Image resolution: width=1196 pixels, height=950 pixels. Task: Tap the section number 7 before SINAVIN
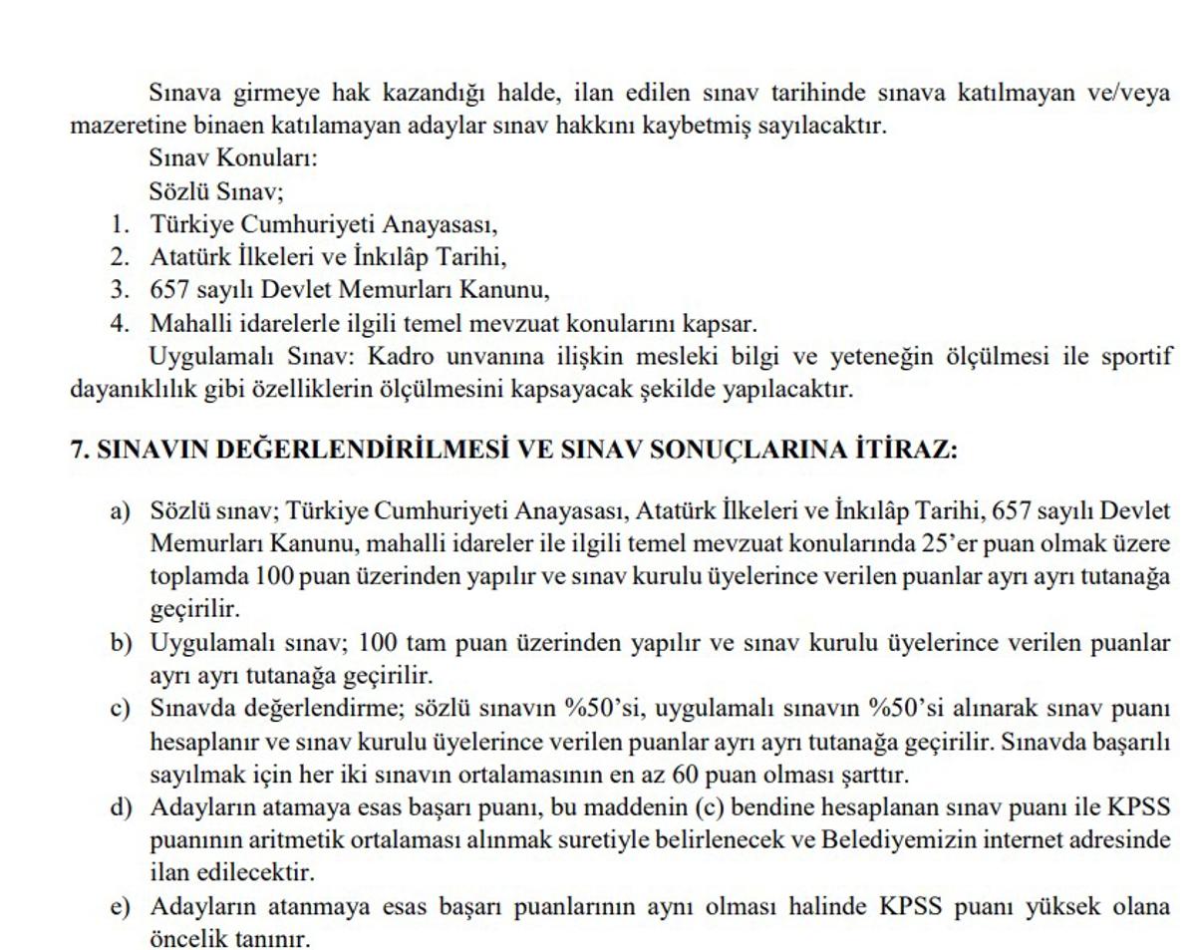point(77,450)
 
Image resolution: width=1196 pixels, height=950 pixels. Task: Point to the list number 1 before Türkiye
point(119,225)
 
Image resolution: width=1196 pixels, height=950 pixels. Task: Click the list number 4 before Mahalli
point(119,324)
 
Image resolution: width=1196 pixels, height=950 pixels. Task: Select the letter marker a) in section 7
point(121,512)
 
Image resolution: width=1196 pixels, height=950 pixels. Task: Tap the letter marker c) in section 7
point(121,709)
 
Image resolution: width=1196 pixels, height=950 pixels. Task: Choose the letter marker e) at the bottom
point(121,906)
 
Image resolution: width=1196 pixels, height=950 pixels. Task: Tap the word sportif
point(1136,357)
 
